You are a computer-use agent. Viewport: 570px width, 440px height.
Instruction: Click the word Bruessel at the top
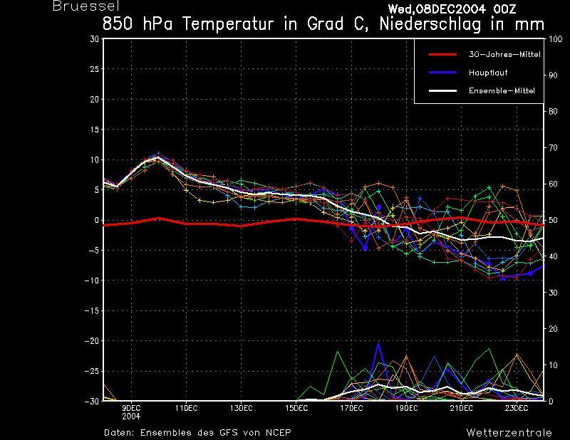(x=86, y=6)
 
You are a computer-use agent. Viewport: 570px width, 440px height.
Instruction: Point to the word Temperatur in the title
(x=227, y=24)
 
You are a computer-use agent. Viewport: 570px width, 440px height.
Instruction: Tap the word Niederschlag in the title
(x=430, y=24)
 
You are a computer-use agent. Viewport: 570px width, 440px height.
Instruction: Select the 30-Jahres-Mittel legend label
(x=504, y=55)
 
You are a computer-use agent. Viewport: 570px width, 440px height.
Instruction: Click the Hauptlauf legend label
(x=488, y=73)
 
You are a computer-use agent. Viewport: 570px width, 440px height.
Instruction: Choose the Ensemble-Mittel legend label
(x=502, y=90)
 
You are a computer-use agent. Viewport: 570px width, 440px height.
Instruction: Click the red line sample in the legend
(x=442, y=55)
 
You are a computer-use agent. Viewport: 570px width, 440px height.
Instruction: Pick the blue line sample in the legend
(x=442, y=73)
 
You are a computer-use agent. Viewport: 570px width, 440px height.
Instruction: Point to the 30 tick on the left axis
(x=94, y=39)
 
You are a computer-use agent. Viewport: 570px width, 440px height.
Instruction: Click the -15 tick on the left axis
(x=92, y=310)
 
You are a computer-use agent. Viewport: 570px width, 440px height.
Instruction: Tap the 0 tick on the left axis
(x=96, y=220)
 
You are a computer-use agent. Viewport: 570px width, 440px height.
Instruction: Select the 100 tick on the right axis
(x=556, y=39)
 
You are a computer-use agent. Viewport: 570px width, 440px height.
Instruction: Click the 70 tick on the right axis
(x=553, y=147)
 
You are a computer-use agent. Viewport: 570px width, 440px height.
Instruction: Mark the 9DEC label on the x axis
(x=131, y=408)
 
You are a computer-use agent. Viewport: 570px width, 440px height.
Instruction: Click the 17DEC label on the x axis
(x=351, y=408)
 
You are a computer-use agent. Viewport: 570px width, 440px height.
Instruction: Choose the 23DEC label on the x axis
(x=517, y=408)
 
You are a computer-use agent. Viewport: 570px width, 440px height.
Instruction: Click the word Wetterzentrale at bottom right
(x=509, y=432)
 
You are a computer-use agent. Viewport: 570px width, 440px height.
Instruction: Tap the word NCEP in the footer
(x=278, y=432)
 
